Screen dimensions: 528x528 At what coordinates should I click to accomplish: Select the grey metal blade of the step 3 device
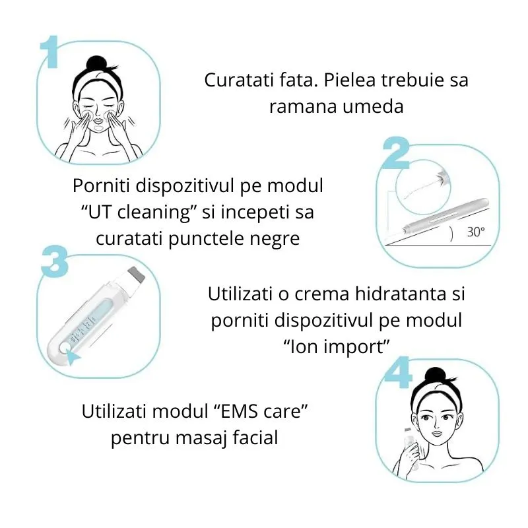[x=138, y=272]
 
